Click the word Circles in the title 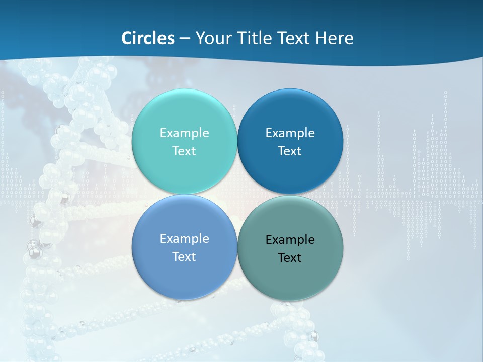click(x=148, y=38)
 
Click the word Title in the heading click(x=256, y=38)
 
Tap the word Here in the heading click(x=335, y=38)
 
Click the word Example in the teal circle click(x=184, y=133)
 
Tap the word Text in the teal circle click(x=184, y=151)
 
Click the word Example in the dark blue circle click(x=290, y=133)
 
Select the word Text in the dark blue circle click(x=290, y=151)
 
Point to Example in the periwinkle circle click(x=184, y=239)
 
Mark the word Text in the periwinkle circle click(x=184, y=257)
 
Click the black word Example click(x=290, y=240)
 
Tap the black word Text click(x=290, y=258)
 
